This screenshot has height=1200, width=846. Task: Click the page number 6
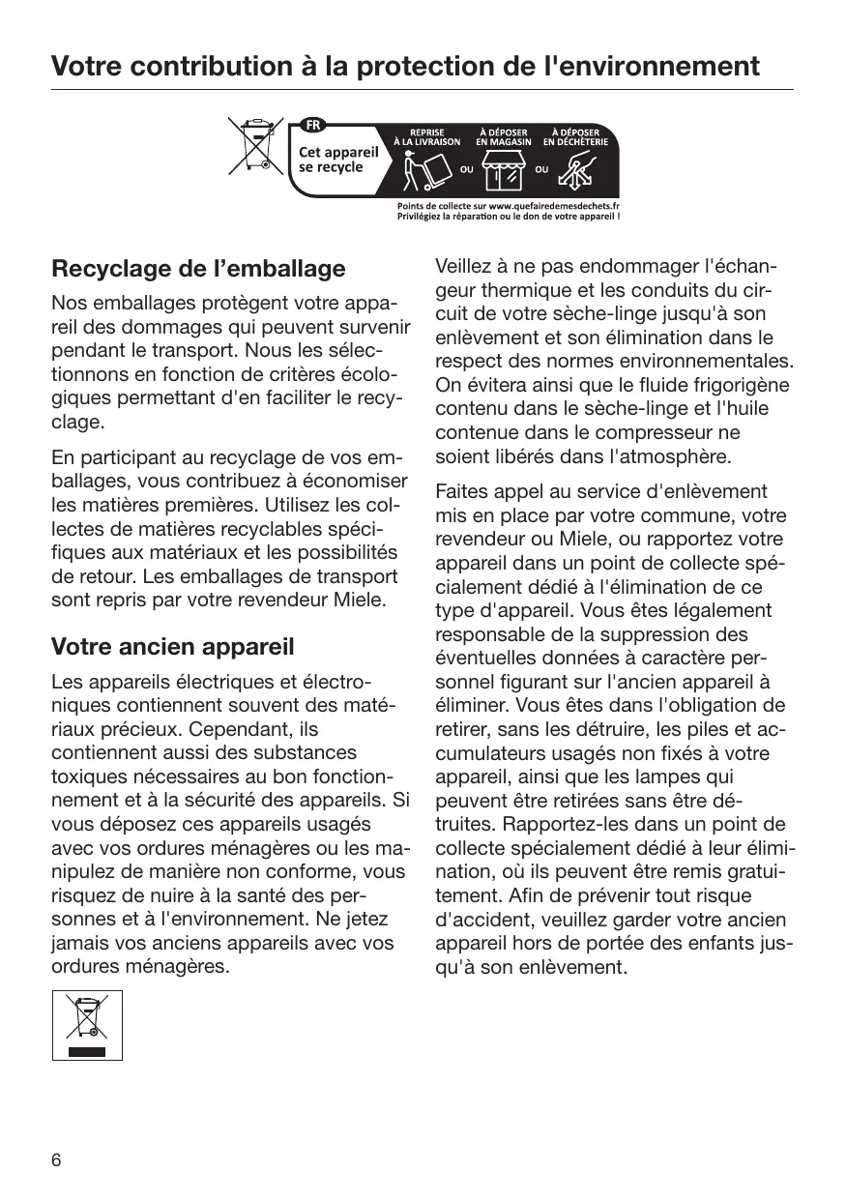coord(56,1160)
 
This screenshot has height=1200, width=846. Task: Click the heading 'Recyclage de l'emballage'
coord(198,268)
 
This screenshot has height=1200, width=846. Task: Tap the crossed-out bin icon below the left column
coord(87,1025)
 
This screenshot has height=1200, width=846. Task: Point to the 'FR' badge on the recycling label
coord(314,125)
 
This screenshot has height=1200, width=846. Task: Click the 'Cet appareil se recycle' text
coord(337,160)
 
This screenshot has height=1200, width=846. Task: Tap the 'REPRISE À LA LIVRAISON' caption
coord(426,136)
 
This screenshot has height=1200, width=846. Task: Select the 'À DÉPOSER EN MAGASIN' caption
coord(503,136)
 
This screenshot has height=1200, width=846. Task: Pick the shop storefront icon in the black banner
coord(504,172)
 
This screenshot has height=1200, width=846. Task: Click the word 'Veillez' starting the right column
coord(463,267)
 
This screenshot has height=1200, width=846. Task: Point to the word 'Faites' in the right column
coord(460,492)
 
